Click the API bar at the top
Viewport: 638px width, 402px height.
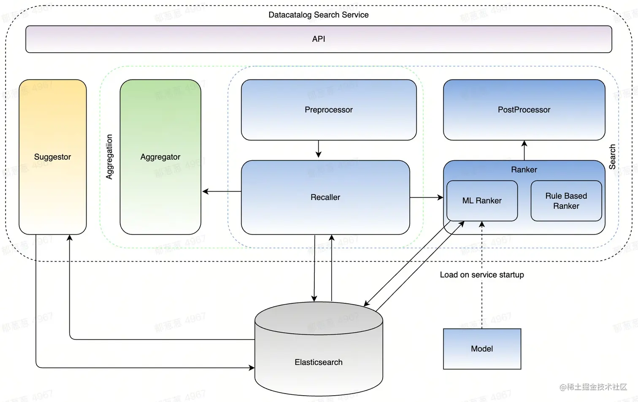(x=319, y=39)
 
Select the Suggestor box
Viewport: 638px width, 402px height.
(x=52, y=157)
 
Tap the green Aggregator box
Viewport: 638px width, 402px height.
(x=160, y=157)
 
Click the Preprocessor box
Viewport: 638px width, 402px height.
(x=329, y=110)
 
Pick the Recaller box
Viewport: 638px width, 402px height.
(x=325, y=197)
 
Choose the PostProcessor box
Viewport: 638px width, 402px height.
(x=524, y=110)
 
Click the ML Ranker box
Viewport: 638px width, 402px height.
(x=482, y=201)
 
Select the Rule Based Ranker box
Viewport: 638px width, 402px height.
(x=566, y=201)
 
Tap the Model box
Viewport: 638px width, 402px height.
(x=482, y=349)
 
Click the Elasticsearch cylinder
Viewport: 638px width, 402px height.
(x=319, y=362)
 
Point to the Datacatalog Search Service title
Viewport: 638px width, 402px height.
(x=319, y=15)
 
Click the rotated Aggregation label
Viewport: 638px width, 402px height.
(x=110, y=157)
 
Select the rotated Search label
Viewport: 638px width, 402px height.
(x=612, y=157)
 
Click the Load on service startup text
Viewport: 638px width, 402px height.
(x=482, y=275)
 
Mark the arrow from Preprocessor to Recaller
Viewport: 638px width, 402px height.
(x=319, y=149)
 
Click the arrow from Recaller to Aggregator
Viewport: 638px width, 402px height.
(x=222, y=192)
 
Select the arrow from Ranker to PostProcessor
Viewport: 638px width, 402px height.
(x=524, y=150)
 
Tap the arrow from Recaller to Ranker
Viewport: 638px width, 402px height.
(x=427, y=197)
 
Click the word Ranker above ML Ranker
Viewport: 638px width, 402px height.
(x=524, y=170)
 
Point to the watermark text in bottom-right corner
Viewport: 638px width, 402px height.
(x=593, y=387)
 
